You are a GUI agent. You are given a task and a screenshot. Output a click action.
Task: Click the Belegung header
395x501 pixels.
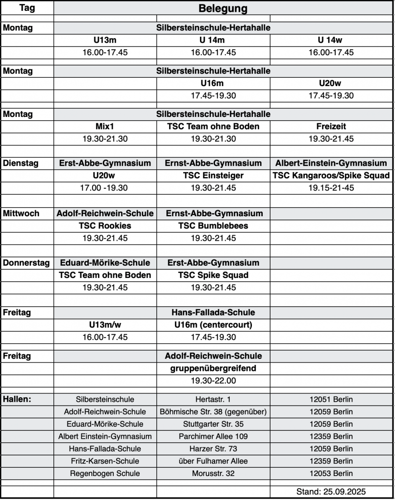point(223,9)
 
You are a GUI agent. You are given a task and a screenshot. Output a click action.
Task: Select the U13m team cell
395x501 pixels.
point(105,40)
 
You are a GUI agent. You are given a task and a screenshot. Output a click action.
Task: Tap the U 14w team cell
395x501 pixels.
point(331,40)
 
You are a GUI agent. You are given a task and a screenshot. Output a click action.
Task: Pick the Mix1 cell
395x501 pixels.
point(105,126)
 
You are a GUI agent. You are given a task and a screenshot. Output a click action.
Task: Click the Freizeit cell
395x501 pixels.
point(331,126)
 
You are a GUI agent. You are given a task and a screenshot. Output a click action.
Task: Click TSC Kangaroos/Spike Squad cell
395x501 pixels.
point(331,176)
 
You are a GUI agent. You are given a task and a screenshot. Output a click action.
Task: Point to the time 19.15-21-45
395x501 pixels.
point(331,188)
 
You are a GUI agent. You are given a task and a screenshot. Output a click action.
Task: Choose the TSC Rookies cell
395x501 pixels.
point(105,226)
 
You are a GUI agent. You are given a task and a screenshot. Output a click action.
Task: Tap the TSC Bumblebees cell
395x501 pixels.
point(213,226)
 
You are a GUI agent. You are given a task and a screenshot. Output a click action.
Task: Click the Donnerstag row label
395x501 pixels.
point(26,263)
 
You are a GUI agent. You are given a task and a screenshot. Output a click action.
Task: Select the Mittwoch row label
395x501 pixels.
point(22,213)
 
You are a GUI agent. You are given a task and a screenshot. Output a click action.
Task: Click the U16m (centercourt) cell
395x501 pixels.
point(213,325)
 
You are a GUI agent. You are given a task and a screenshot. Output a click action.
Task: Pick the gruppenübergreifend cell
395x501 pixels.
point(213,368)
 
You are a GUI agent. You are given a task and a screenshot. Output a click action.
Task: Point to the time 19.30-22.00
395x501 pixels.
point(213,380)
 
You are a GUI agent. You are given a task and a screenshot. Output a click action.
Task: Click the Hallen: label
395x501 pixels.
point(17,399)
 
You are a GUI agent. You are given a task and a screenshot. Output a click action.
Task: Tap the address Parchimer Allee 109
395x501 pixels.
point(213,436)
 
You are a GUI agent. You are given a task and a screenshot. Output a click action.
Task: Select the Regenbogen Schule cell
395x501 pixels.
point(105,473)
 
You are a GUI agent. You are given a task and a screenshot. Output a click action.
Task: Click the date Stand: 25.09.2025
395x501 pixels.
point(331,492)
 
